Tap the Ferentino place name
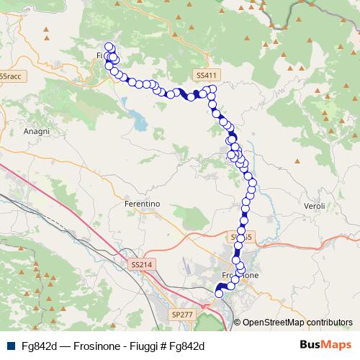142,204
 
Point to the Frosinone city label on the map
240,275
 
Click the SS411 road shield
205,75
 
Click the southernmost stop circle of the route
220,293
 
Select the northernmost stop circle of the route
109,47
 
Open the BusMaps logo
325,344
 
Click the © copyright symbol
238,322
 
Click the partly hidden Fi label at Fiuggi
99,55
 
